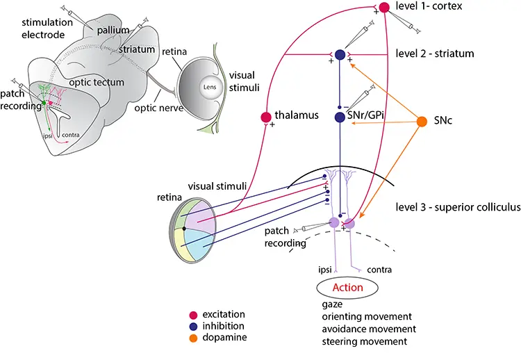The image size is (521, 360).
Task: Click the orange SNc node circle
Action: click(422, 122)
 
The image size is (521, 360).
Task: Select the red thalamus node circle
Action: click(265, 117)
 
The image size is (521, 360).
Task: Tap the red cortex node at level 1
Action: click(384, 8)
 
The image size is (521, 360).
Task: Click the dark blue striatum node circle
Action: click(340, 54)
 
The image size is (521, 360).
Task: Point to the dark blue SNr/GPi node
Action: click(340, 117)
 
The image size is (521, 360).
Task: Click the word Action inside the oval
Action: click(347, 288)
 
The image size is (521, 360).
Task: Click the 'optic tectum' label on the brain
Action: click(100, 83)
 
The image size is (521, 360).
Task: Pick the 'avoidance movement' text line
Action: click(369, 329)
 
